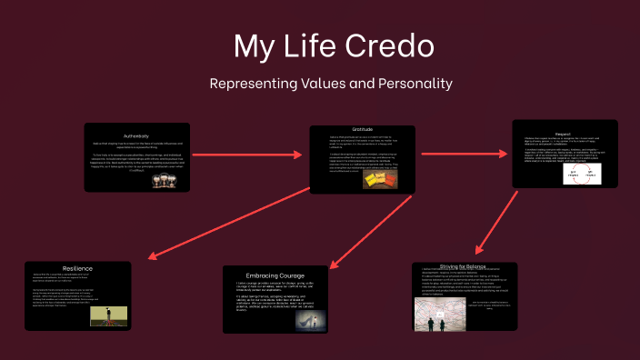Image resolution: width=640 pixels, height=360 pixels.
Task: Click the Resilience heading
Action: [x=52, y=270]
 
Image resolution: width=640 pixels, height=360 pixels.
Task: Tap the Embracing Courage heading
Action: [x=275, y=275]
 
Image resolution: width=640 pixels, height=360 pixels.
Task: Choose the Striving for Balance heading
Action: [x=464, y=265]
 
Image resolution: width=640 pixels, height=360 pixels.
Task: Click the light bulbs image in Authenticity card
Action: [x=164, y=180]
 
